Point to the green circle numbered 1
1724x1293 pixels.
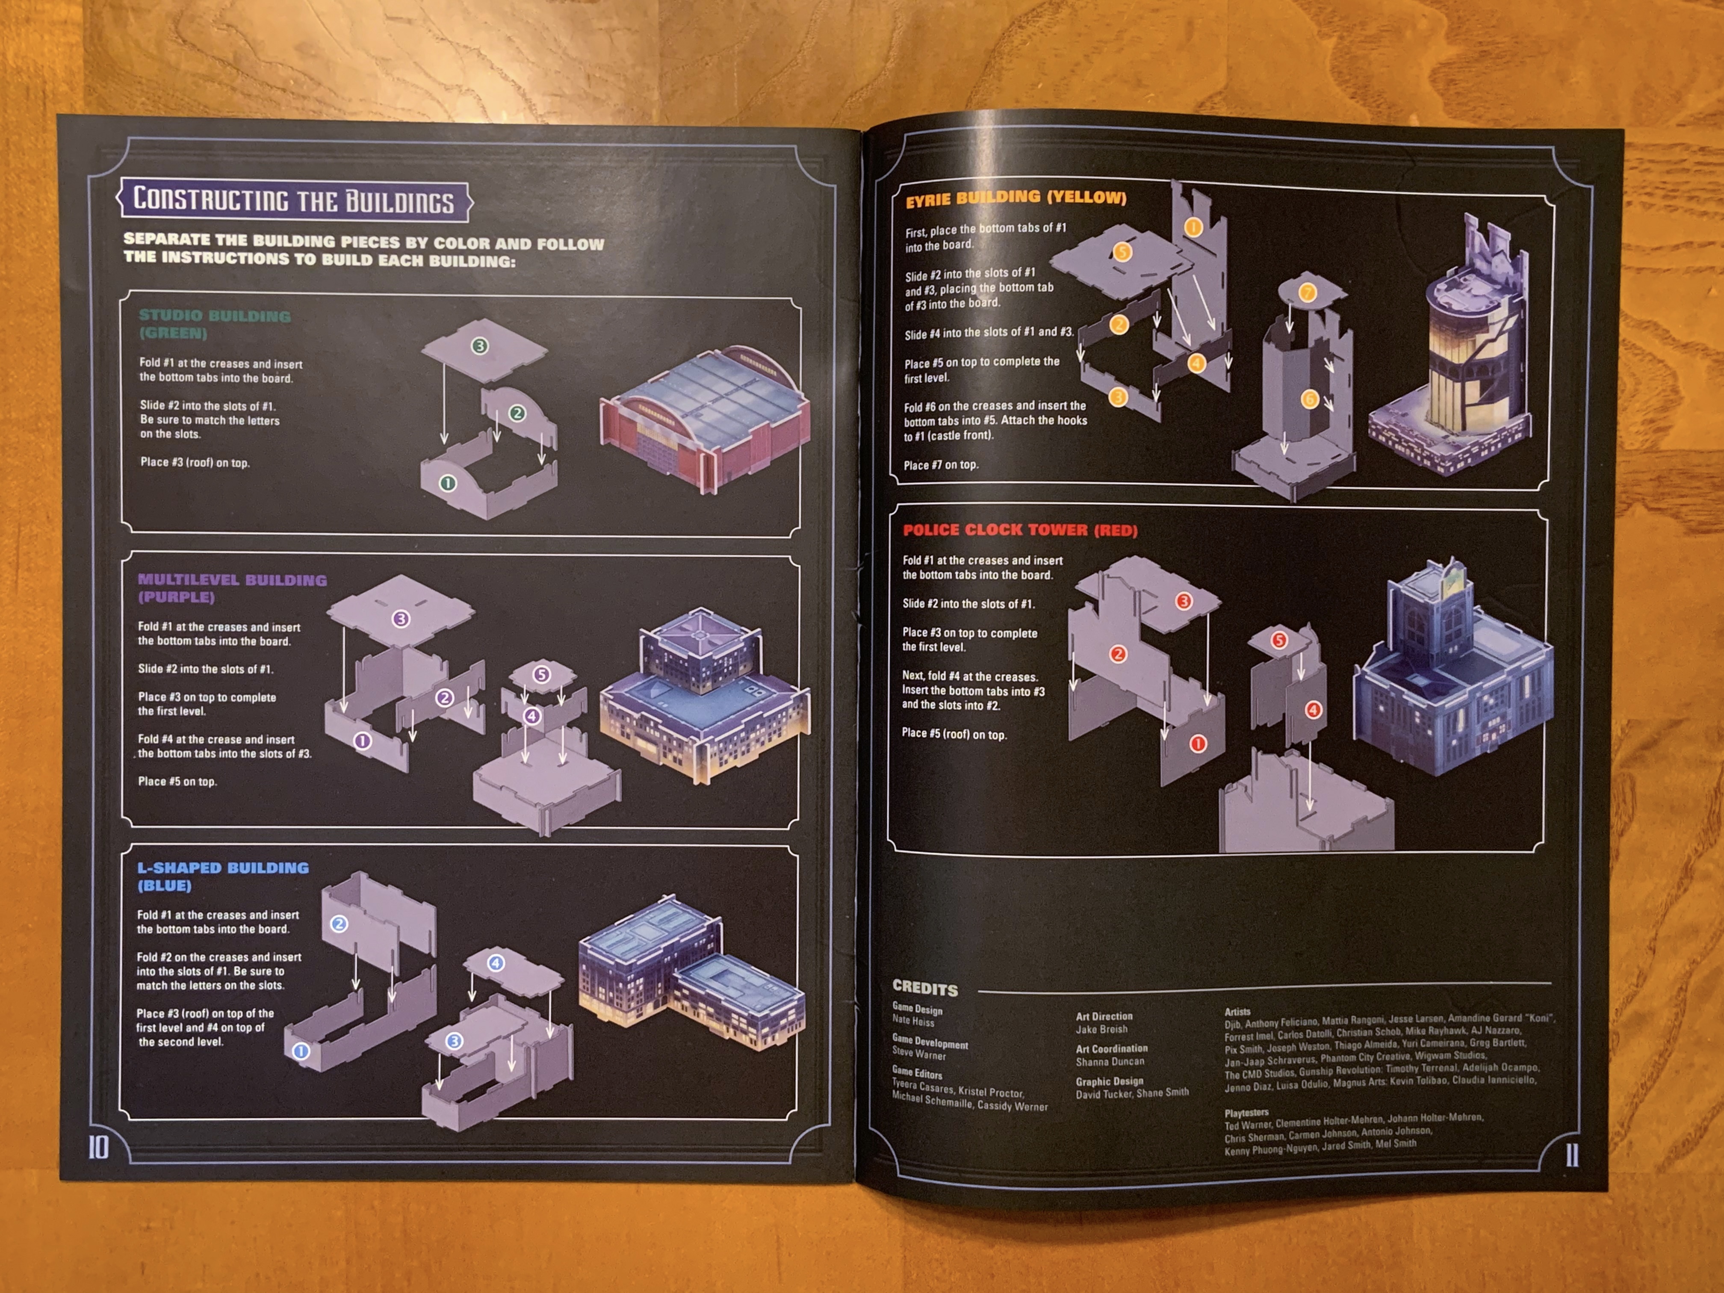[447, 483]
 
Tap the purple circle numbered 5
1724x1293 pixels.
[542, 674]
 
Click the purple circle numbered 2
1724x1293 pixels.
[444, 697]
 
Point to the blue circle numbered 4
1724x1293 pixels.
[496, 963]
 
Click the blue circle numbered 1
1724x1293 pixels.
[301, 1051]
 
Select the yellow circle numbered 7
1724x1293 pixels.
[1308, 293]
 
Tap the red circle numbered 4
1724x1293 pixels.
[1313, 710]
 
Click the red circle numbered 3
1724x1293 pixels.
[1184, 601]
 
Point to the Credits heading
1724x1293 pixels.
[925, 988]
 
